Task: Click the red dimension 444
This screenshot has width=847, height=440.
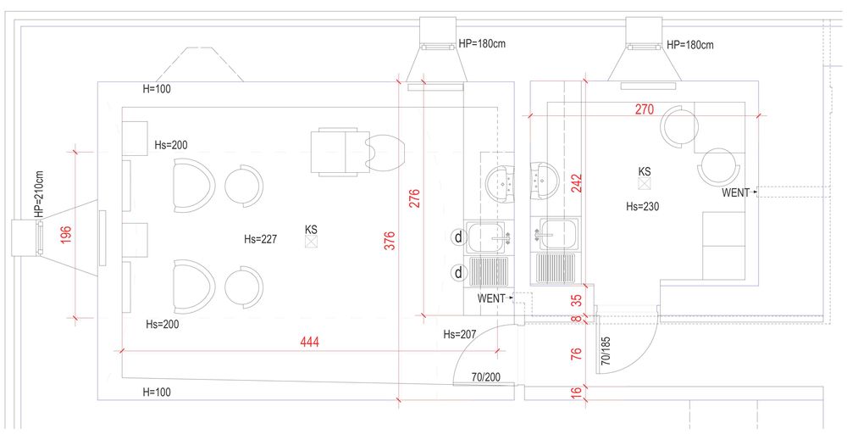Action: pos(309,342)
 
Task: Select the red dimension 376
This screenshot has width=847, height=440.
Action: pos(390,241)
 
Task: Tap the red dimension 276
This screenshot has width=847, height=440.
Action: pos(414,198)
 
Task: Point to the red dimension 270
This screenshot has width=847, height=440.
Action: pos(644,109)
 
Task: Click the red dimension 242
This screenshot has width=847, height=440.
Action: pos(577,183)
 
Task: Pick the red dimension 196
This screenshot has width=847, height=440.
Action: pos(65,234)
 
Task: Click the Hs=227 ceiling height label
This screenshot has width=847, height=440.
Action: pos(260,239)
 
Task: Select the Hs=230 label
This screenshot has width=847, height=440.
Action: pos(642,206)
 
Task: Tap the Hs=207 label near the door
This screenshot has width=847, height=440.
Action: pos(460,335)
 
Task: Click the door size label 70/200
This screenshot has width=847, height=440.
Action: pos(485,377)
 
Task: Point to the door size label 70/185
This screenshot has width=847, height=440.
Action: pos(606,351)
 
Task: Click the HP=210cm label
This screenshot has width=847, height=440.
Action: pos(40,195)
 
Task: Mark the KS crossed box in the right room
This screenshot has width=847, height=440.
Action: pos(644,184)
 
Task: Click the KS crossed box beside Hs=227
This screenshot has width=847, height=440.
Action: pos(311,242)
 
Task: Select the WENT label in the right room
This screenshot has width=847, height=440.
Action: pos(736,192)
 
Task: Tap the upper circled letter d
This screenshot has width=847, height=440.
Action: pos(458,237)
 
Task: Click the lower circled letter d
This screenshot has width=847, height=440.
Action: pos(458,272)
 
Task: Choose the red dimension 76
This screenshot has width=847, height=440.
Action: pos(576,354)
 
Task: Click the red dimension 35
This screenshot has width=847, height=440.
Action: pos(576,300)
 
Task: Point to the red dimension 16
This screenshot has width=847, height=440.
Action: pos(576,391)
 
